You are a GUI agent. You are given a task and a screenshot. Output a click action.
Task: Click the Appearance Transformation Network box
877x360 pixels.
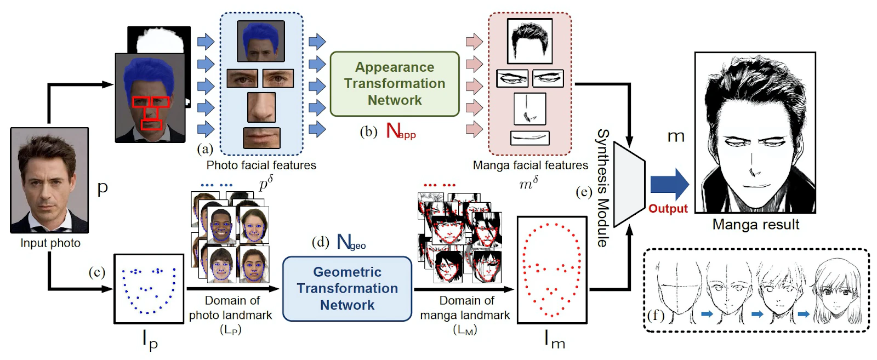395,84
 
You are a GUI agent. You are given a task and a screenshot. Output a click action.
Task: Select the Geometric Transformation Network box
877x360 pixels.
348,289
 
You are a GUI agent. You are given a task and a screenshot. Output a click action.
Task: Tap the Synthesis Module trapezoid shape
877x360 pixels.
629,184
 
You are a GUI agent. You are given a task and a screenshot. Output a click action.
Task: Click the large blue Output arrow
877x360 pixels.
670,184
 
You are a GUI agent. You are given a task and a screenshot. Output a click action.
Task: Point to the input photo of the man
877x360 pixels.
49,180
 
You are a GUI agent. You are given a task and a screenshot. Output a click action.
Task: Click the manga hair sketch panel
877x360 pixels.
529,41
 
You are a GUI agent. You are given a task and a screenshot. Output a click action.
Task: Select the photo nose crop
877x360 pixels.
261,107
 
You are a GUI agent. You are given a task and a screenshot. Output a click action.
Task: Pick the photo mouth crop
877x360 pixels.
261,138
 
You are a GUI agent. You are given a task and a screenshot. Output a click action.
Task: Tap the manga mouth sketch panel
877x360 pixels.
529,138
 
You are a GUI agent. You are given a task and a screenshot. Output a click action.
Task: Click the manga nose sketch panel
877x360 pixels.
529,109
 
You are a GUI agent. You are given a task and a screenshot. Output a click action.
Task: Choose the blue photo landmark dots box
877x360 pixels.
149,289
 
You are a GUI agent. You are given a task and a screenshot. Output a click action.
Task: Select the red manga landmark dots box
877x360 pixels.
552,270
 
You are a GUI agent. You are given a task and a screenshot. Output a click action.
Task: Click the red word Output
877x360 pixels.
668,209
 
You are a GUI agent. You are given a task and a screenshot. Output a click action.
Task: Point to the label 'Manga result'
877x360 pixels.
756,225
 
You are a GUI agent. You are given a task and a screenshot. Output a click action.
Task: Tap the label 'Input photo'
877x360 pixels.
50,243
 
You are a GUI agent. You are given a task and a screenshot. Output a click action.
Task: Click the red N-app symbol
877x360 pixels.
401,131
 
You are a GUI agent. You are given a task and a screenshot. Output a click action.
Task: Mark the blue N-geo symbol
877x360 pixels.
351,242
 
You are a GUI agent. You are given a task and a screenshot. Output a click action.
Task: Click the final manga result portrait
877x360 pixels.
755,133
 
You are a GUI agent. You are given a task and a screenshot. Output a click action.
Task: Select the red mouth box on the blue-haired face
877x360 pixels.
151,125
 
